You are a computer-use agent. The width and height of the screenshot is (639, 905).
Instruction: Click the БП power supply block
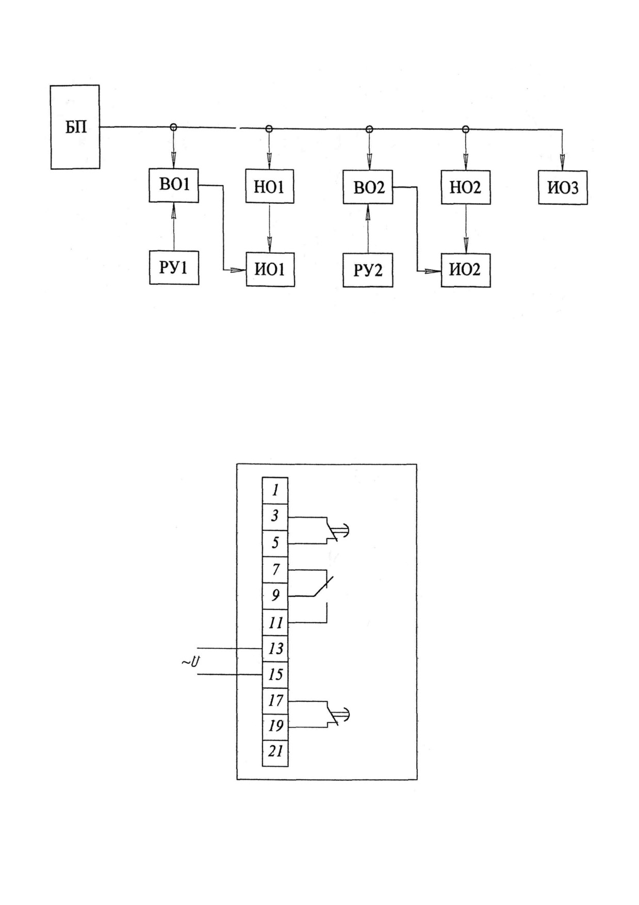(75, 127)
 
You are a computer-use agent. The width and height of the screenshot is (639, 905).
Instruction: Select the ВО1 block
(174, 185)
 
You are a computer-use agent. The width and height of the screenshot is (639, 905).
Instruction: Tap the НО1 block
(269, 186)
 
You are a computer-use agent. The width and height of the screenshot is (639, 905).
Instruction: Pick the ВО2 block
(368, 187)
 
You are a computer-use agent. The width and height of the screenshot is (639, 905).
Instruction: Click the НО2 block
(466, 187)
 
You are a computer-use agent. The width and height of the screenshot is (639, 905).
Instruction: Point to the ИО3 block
(563, 187)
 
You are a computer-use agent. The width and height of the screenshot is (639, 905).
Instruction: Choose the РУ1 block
(174, 268)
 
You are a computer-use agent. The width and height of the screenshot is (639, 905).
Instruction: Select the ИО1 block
(270, 269)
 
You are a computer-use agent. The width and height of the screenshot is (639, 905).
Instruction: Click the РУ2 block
(368, 270)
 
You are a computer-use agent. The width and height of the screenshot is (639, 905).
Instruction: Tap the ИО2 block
(466, 270)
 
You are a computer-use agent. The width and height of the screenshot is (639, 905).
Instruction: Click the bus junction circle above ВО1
(174, 127)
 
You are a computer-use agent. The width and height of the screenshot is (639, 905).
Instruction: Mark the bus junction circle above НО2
(466, 129)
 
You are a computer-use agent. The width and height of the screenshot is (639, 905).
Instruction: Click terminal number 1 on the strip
(275, 490)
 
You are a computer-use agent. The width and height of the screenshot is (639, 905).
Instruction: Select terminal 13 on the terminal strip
(275, 649)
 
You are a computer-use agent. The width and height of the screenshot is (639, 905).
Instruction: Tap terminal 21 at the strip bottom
(275, 752)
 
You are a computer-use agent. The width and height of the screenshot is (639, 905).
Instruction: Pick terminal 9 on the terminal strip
(275, 596)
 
